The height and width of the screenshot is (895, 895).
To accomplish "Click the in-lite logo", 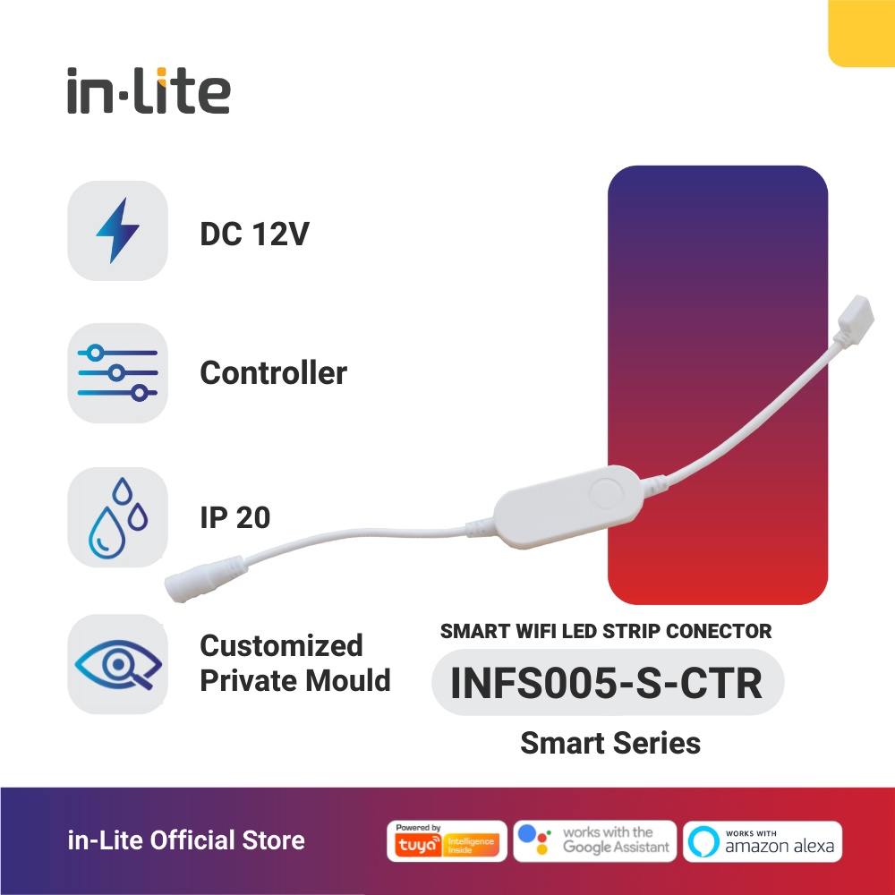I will coord(149,92).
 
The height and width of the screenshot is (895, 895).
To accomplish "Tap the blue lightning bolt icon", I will coord(117,230).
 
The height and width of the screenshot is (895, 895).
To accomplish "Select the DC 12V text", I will coord(255,235).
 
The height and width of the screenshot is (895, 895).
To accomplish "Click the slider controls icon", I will coord(117,372).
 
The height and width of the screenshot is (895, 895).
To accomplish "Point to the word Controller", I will coord(273,372).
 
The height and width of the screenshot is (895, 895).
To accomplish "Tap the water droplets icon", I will coord(117,517).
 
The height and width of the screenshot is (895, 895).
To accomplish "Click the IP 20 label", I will coord(234,517).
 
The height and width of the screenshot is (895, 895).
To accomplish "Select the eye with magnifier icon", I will coord(117,664).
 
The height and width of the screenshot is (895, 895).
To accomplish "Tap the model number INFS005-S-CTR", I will coord(607,683).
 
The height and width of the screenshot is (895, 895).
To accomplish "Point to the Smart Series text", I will coord(609,743).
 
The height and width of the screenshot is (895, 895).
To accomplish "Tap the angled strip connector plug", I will coord(854,326).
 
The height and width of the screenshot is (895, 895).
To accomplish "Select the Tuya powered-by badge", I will coord(447,841).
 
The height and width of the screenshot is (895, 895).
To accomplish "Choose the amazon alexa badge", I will coord(763,841).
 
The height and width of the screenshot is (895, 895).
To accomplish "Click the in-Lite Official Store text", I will coord(186,841).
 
